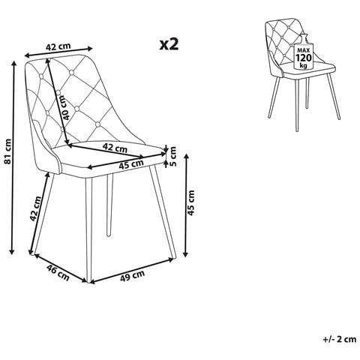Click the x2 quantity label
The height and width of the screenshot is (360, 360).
tap(169, 44)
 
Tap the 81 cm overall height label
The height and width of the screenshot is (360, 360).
tap(8, 154)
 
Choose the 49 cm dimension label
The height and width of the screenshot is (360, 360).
tap(132, 275)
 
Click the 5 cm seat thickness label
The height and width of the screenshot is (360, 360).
tap(172, 156)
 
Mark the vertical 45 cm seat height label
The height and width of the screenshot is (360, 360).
tap(191, 202)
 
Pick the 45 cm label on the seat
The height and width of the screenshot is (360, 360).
tap(131, 164)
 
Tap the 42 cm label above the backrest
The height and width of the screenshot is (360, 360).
tap(58, 46)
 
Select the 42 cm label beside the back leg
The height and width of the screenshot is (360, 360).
tap(35, 208)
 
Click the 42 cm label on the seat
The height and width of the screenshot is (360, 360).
tap(115, 148)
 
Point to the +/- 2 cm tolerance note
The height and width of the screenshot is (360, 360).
tap(340, 339)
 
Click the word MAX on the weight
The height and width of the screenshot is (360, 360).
tap(303, 50)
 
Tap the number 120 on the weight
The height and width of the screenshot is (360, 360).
tap(304, 58)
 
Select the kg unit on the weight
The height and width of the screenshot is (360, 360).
tap(303, 66)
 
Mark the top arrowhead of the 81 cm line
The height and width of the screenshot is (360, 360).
tap(14, 63)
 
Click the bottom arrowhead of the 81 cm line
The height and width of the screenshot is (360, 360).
tap(11, 252)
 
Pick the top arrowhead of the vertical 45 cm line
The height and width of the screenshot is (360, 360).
tap(186, 157)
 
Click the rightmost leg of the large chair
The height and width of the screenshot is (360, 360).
tap(163, 211)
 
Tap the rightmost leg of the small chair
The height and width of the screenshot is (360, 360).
tap(334, 96)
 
